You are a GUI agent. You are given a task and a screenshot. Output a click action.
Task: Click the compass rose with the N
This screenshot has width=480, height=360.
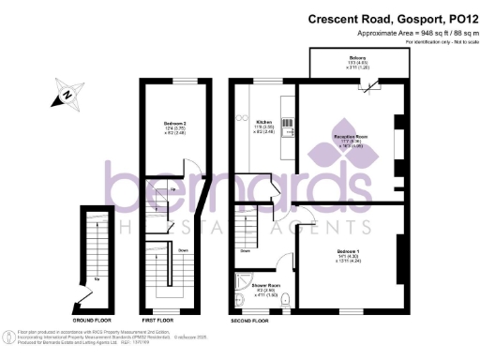(67, 95)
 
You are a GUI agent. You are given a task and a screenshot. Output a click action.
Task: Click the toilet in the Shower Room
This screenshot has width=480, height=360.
(288, 301)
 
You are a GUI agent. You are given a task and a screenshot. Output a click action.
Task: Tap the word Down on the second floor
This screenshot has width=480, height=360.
(246, 250)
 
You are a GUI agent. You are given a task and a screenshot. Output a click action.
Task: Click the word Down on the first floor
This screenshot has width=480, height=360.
(157, 250)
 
